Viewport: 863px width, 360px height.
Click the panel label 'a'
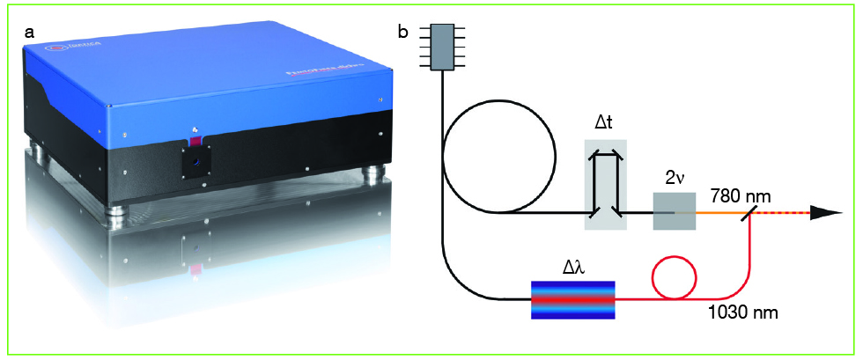(30, 32)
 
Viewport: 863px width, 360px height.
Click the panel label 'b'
(403, 33)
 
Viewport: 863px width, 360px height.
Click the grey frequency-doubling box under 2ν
(674, 212)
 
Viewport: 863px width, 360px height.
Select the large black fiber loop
(499, 163)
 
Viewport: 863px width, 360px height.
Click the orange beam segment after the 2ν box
(718, 213)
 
